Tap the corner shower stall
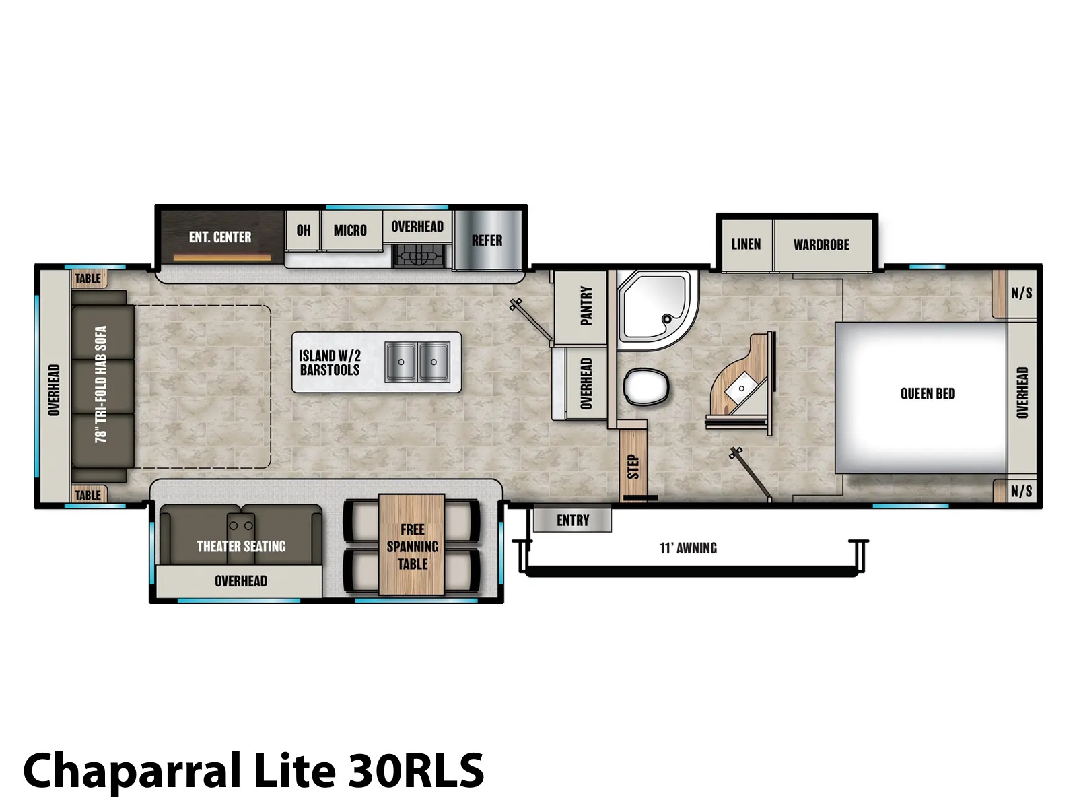657,310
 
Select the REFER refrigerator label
487,240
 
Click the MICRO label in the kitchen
350,230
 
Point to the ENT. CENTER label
220,238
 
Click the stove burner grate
419,255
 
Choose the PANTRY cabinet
581,306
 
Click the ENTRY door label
573,520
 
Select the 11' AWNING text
688,548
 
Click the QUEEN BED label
928,393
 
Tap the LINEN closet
746,244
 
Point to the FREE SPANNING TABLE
412,545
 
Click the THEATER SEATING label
241,547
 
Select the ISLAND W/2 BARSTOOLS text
330,362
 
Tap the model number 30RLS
416,770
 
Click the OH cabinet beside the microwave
303,230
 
